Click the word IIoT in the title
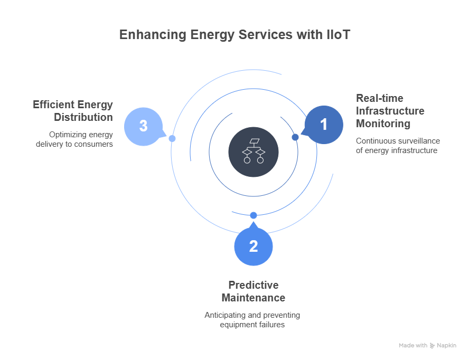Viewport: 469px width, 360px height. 336,35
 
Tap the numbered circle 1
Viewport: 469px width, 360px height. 324,125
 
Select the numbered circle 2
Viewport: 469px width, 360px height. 254,246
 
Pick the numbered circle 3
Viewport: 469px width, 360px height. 144,126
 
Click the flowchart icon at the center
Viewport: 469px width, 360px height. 254,151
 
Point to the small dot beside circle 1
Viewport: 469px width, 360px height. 295,137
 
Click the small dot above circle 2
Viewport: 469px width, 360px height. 254,215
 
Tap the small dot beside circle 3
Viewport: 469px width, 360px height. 172,138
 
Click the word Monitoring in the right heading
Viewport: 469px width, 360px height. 383,124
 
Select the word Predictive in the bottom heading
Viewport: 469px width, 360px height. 253,285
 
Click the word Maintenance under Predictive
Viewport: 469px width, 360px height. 253,298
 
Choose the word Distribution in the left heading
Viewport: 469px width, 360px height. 83,117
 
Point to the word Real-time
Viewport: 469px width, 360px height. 379,99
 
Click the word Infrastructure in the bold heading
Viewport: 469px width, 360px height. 390,111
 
